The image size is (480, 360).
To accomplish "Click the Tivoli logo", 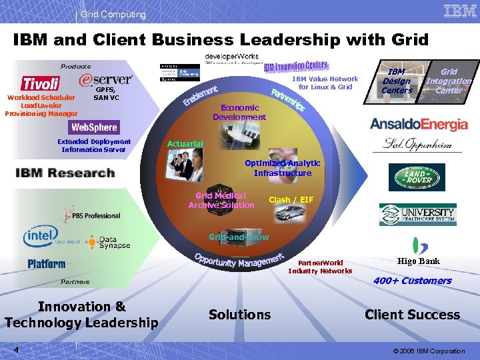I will coord(41,83).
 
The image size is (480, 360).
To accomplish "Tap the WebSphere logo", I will coord(94,127).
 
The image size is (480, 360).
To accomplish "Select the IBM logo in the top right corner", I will coord(459,11).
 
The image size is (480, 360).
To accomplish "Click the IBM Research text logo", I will coord(65,173).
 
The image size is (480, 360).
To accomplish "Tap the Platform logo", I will coord(47,265).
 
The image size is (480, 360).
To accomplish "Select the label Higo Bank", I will coord(418,261).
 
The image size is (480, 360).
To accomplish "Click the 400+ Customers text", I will coord(412,281).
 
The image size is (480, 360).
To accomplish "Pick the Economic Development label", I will coord(239,113).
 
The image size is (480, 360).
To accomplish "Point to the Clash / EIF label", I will coord(291,199).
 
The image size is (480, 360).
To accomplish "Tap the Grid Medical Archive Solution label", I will coord(221,200).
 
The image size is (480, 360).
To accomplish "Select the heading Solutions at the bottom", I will coord(239,315).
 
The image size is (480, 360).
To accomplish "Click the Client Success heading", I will coord(412,315).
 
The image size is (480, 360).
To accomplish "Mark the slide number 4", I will coord(15,351).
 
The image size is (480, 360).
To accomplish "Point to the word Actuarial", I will coord(185,144).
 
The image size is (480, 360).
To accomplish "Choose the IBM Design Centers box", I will coord(397,81).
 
